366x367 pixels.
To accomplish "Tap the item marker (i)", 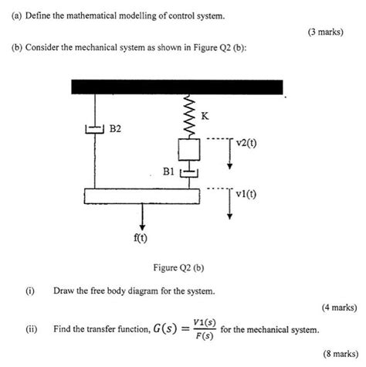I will click(30, 291).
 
